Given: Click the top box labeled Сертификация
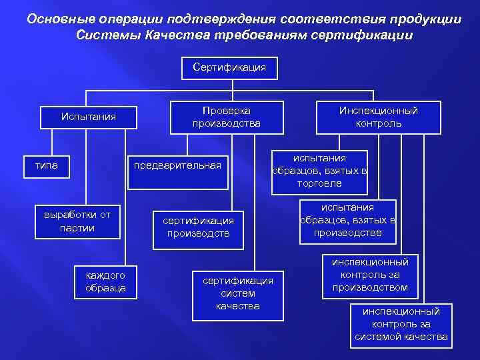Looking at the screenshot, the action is [x=229, y=67].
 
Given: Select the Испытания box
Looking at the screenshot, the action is [x=89, y=117].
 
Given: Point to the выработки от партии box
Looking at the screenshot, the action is [x=77, y=221].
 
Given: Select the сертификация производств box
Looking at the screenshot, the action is [x=199, y=227].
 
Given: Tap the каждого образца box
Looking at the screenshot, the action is [x=106, y=281].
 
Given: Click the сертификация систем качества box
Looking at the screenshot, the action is [x=238, y=293].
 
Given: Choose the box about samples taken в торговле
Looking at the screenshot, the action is [x=319, y=171].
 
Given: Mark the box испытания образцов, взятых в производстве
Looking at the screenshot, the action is [x=347, y=221].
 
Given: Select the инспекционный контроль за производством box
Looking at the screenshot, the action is [x=375, y=275].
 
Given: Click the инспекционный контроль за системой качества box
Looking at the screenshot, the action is [x=401, y=324].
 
